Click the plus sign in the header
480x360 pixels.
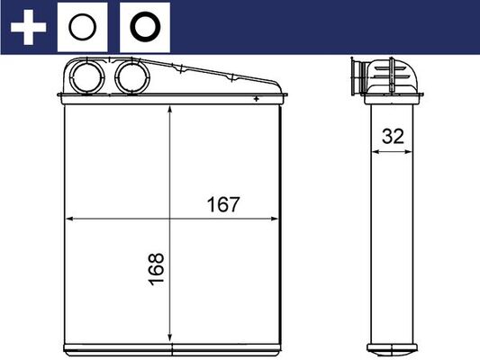pyautogui.click(x=27, y=27)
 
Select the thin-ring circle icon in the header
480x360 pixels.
pyautogui.click(x=82, y=27)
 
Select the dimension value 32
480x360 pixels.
pyautogui.click(x=393, y=137)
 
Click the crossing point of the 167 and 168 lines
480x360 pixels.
pyautogui.click(x=170, y=219)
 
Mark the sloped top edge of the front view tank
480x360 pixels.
pyautogui.click(x=216, y=72)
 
